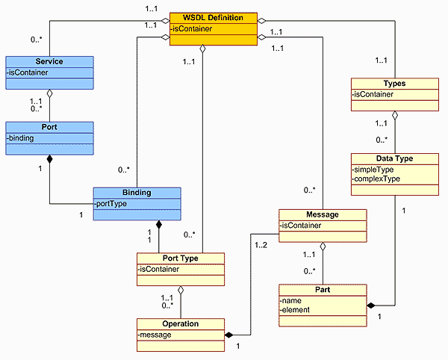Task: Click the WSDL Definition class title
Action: (214, 18)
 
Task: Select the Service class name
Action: (49, 61)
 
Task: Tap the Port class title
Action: (49, 127)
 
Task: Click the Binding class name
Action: (137, 192)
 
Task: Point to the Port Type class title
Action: (180, 258)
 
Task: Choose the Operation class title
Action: (180, 323)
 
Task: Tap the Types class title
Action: (394, 84)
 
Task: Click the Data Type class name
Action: (394, 158)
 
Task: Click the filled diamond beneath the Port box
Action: (49, 160)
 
